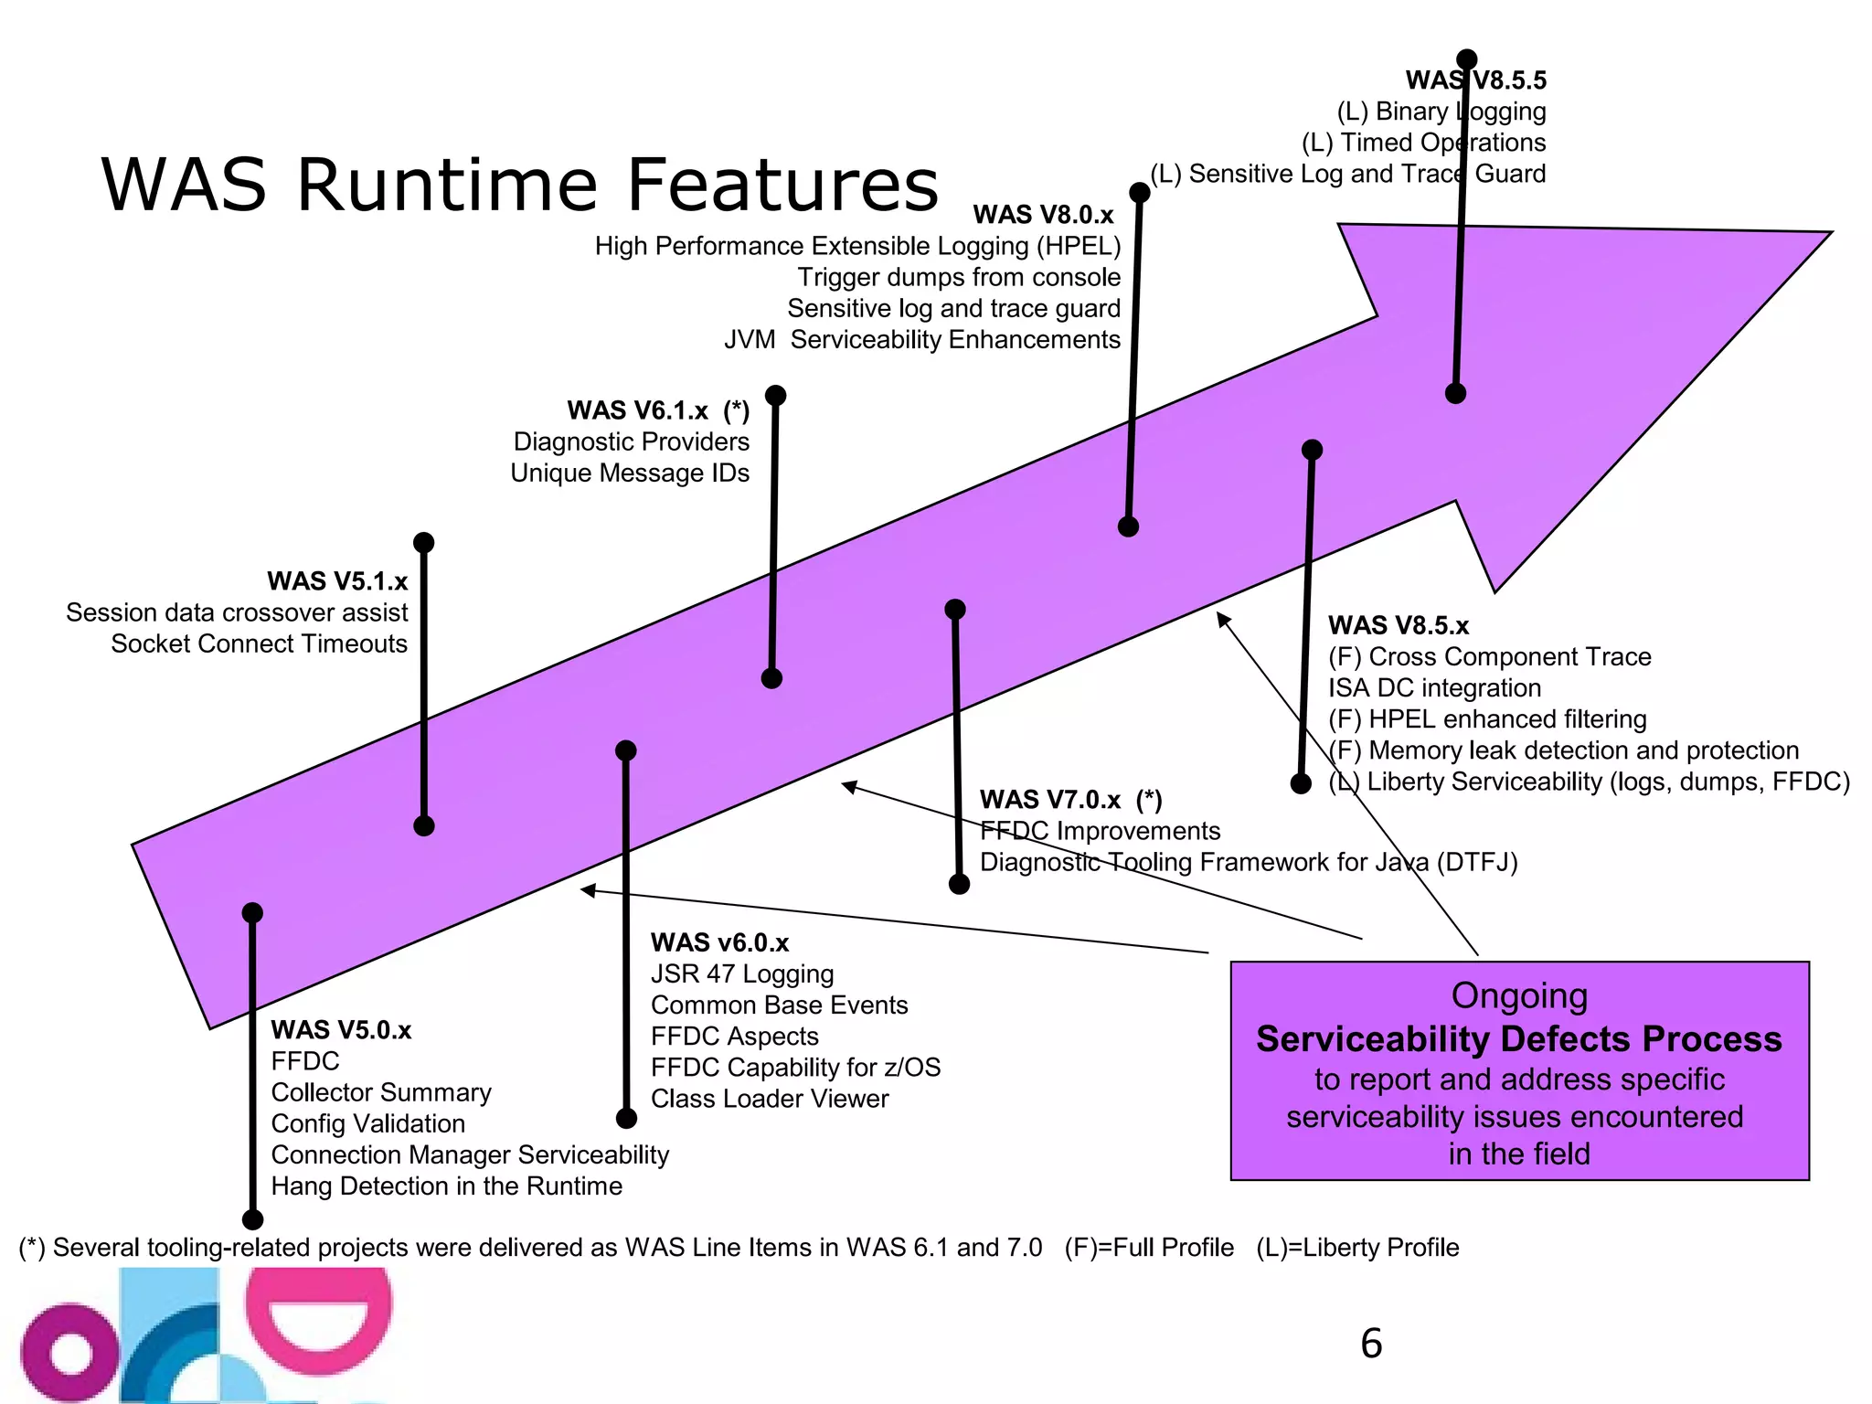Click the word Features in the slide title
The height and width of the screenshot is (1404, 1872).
pos(782,185)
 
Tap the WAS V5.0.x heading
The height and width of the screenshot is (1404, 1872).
pos(341,1030)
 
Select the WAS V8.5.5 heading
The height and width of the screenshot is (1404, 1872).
pos(1475,80)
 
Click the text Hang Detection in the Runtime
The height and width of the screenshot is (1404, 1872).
pos(446,1186)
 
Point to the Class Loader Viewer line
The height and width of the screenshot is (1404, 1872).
pos(769,1099)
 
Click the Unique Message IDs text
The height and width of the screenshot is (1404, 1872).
pos(629,473)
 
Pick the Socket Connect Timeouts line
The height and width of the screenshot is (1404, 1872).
pos(259,644)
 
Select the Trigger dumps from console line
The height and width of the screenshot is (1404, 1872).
pos(958,278)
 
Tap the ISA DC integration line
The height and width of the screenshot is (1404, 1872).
pos(1433,688)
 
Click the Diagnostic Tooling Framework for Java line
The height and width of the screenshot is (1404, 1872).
pos(1248,863)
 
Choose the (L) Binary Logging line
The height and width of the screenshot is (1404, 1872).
pos(1441,112)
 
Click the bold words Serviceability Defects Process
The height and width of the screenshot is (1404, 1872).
pos(1518,1040)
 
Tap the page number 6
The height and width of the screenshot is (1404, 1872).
pos(1371,1344)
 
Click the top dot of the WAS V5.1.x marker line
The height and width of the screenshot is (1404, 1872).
pos(423,543)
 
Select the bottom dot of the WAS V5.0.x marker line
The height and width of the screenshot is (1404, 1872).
pos(252,1219)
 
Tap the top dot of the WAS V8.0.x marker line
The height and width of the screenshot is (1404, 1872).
pos(1139,193)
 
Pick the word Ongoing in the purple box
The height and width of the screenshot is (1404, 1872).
pos(1518,996)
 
